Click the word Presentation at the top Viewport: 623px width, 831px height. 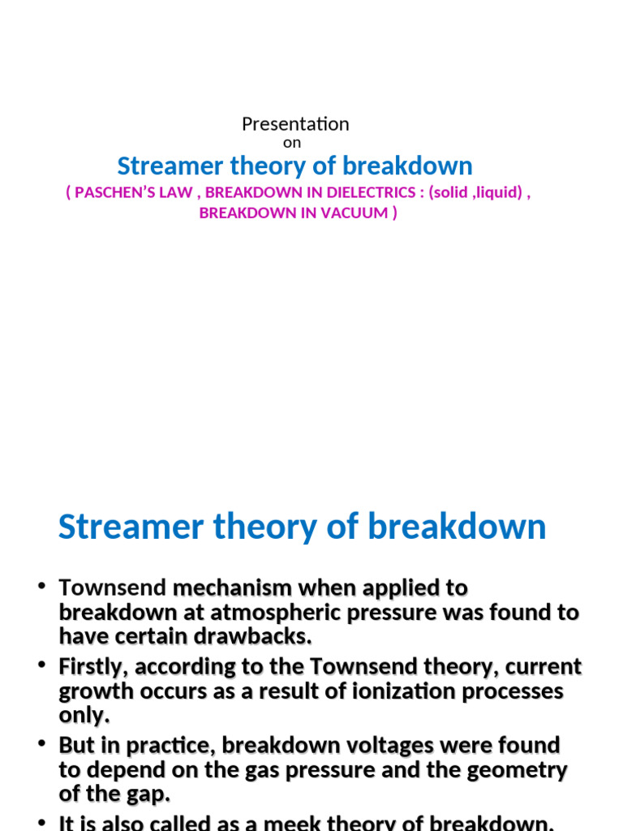coord(295,124)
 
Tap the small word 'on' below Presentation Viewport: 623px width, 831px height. coord(292,143)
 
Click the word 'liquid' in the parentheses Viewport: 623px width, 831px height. coord(496,195)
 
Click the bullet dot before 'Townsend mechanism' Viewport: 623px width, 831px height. coord(41,586)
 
